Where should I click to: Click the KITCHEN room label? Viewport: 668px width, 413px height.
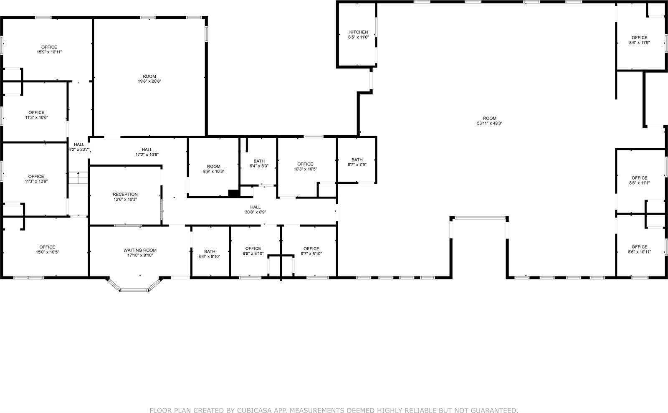[x=359, y=32]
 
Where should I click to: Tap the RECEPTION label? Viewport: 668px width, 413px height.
[x=125, y=194]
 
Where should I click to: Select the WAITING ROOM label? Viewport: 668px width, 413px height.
[x=140, y=250]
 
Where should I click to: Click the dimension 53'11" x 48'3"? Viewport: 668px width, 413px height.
[x=490, y=124]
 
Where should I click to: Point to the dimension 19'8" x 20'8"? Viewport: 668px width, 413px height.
[x=149, y=81]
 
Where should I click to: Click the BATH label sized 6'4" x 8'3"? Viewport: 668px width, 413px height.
[x=259, y=161]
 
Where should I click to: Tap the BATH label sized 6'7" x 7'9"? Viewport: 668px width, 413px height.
[x=357, y=160]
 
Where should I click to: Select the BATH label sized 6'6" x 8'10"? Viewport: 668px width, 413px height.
[x=210, y=251]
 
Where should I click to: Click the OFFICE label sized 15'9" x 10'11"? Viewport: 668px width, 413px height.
[x=49, y=47]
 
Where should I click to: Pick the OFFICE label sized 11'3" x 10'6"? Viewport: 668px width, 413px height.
[x=36, y=112]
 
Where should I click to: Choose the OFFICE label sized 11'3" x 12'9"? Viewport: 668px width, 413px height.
[x=36, y=176]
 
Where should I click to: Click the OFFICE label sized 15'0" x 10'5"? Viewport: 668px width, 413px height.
[x=47, y=247]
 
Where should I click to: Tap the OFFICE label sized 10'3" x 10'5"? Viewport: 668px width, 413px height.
[x=305, y=164]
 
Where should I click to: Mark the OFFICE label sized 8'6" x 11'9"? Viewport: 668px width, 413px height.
[x=639, y=38]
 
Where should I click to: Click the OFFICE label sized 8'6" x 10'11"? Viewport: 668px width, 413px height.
[x=639, y=247]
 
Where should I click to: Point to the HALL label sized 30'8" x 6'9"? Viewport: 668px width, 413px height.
[x=255, y=207]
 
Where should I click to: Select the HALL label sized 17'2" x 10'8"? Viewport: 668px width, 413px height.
[x=147, y=149]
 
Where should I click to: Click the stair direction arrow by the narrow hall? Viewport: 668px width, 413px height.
[x=78, y=174]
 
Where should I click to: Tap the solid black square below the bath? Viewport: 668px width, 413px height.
[x=233, y=193]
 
